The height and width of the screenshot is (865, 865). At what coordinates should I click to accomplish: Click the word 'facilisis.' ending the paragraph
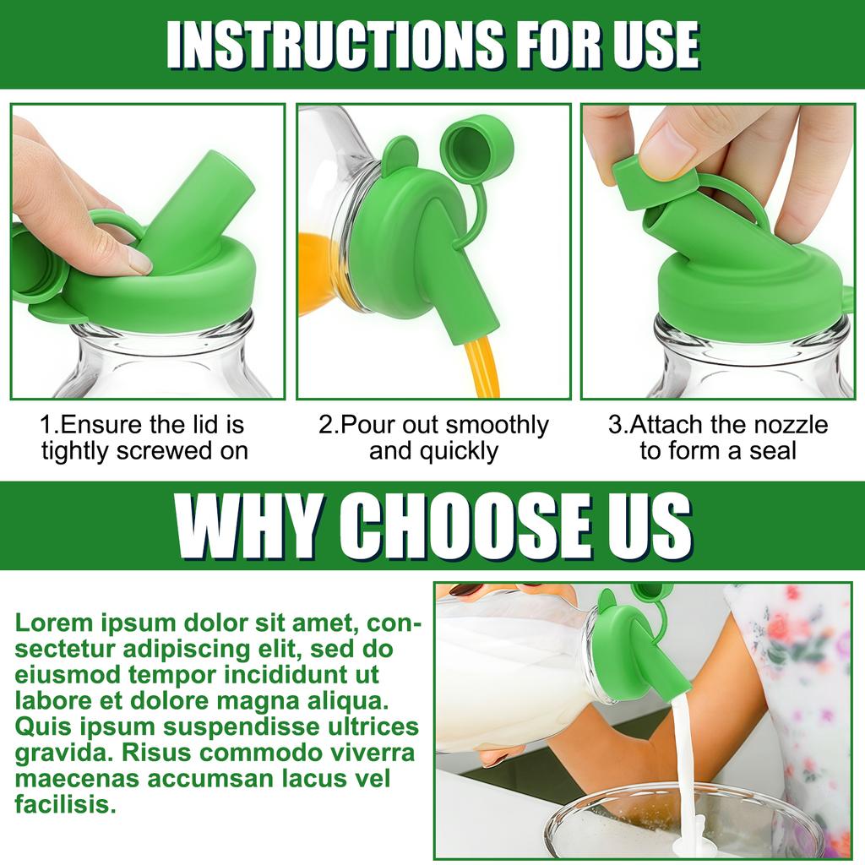pos(66,804)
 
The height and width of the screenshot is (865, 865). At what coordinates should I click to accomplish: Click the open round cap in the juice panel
pos(477,144)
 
